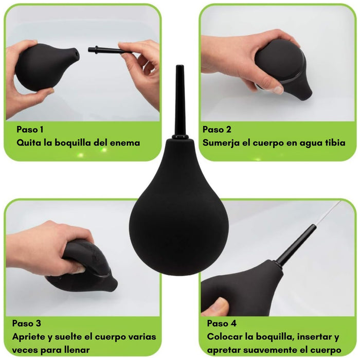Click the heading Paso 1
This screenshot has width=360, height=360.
(30, 130)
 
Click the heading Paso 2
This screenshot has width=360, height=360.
(217, 130)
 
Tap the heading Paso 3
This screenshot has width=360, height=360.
(27, 323)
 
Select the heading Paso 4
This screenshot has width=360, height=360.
(222, 323)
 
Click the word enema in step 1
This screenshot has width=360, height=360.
(125, 143)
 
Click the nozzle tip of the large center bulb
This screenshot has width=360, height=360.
(180, 66)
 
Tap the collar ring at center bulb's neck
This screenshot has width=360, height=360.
(180, 137)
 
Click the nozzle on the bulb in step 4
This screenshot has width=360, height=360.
(296, 244)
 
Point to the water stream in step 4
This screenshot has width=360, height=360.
(328, 212)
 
